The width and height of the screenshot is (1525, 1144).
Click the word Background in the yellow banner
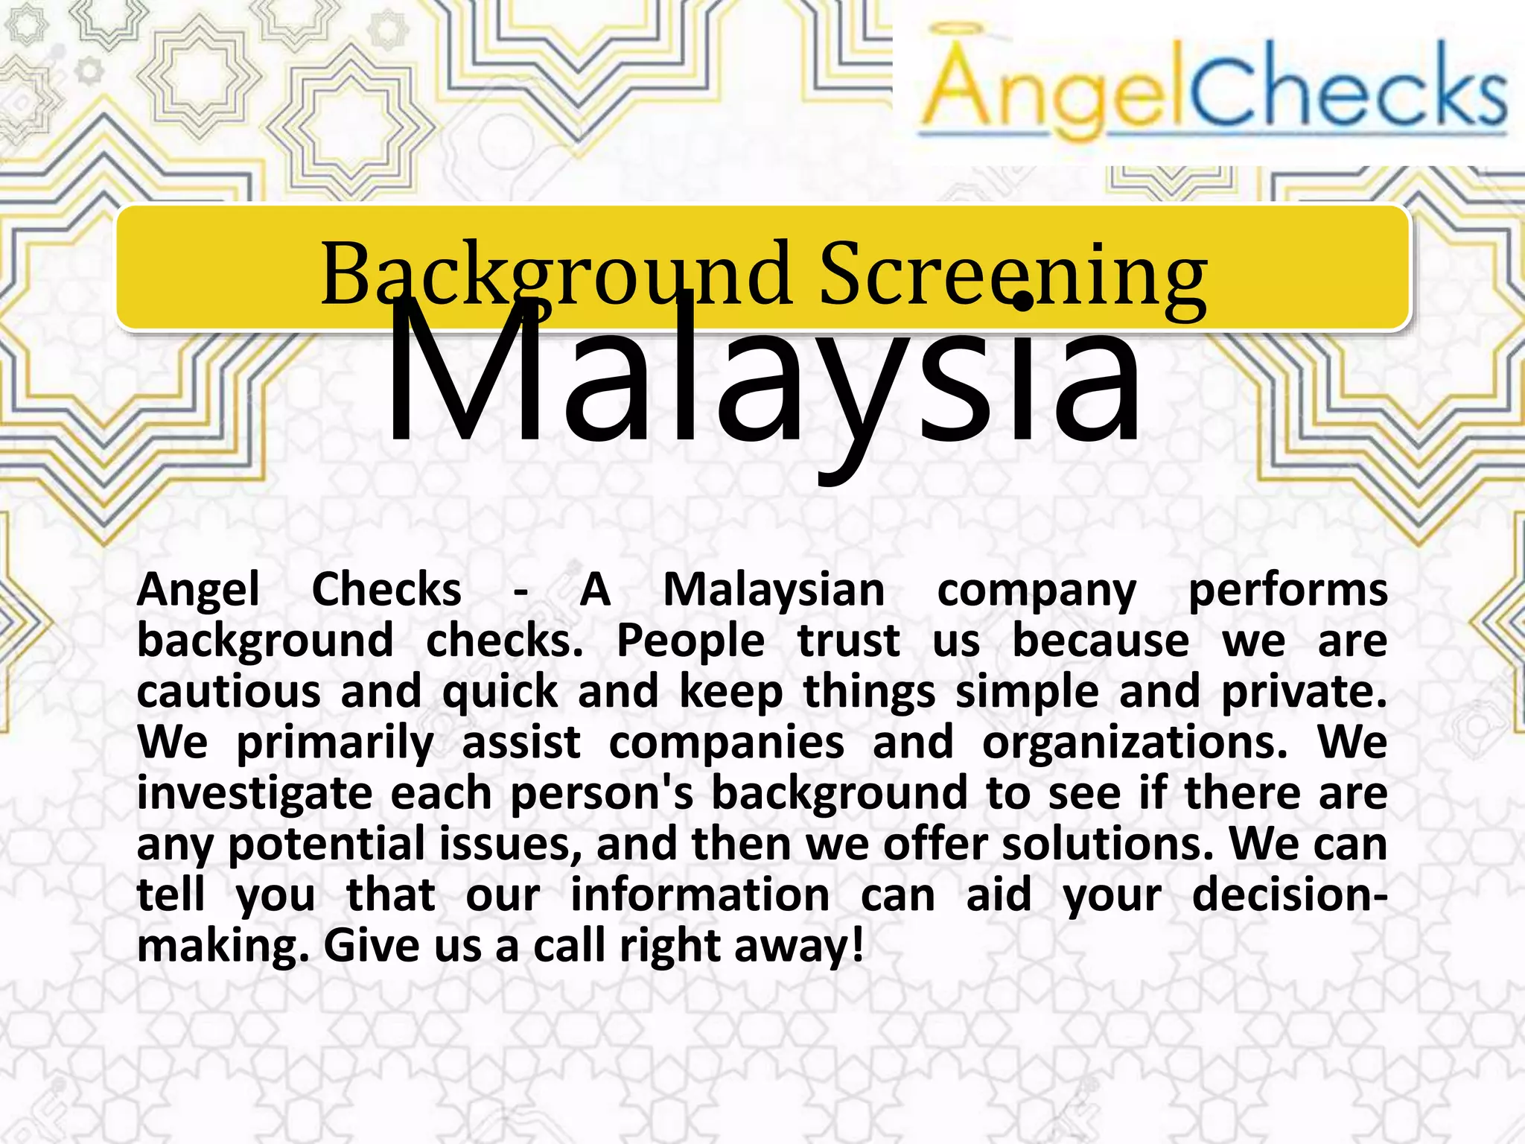(x=555, y=274)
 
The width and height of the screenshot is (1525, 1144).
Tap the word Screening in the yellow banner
(x=1013, y=274)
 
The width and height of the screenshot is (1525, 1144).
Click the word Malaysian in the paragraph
(x=774, y=590)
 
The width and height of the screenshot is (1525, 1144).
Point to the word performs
(x=1287, y=590)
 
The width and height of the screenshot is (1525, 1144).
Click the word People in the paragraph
(x=690, y=641)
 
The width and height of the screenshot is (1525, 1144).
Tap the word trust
(x=848, y=641)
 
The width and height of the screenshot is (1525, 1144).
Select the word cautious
(x=229, y=691)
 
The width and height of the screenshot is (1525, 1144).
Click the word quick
(x=500, y=691)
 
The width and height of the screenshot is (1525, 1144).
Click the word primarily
(x=335, y=743)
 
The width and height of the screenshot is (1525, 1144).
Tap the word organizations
(x=1134, y=743)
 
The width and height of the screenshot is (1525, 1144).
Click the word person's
(x=602, y=793)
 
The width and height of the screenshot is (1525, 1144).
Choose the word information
(x=700, y=894)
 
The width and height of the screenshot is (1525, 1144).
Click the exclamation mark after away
(x=857, y=945)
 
